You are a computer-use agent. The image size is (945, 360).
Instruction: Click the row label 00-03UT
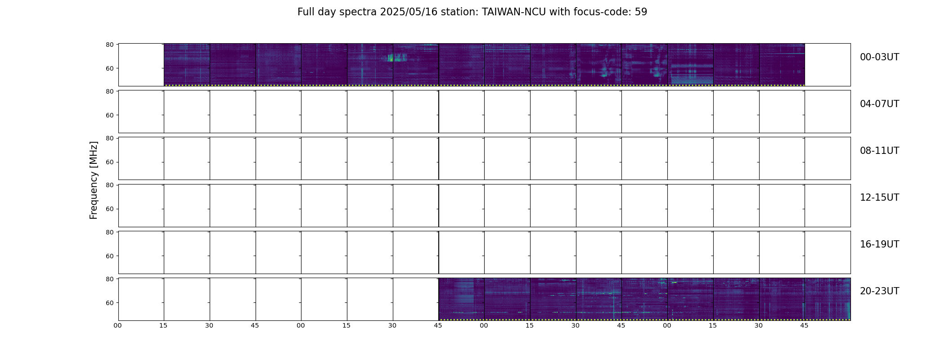pos(879,57)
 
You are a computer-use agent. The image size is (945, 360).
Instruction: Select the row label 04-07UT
pos(879,104)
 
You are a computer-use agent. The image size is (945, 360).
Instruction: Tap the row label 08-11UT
pos(879,151)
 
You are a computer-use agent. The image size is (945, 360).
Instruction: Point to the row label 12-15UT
pos(879,198)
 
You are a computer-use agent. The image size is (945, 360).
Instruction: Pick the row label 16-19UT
pos(879,244)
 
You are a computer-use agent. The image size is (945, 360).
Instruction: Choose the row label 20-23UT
pos(879,291)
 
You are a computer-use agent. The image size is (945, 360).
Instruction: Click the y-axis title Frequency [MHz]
pos(94,180)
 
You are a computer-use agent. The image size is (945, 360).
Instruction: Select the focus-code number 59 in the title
pos(641,12)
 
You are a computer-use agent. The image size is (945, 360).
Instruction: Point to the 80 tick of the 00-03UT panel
pos(109,45)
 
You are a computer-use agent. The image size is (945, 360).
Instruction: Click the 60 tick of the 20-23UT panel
pos(109,303)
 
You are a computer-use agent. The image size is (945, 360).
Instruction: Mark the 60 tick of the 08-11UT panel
pos(109,162)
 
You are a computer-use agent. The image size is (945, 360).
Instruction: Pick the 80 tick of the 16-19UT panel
pos(109,232)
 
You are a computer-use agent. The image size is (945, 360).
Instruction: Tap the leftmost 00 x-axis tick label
pos(118,325)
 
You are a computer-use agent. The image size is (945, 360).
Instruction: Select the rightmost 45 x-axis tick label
pos(804,325)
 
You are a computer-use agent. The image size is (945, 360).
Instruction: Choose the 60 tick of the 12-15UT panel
pos(109,209)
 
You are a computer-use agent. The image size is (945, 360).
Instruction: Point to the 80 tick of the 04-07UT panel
pos(109,91)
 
